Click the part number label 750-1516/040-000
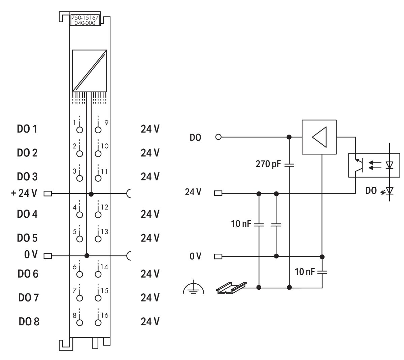tap(85, 20)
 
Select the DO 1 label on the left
tap(27, 129)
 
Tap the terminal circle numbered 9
tap(98, 130)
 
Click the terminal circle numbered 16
tap(98, 323)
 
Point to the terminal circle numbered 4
tap(79, 215)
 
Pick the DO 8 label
tap(29, 322)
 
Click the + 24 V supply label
tap(24, 193)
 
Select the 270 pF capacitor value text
tap(268, 164)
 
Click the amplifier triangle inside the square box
tap(319, 137)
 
